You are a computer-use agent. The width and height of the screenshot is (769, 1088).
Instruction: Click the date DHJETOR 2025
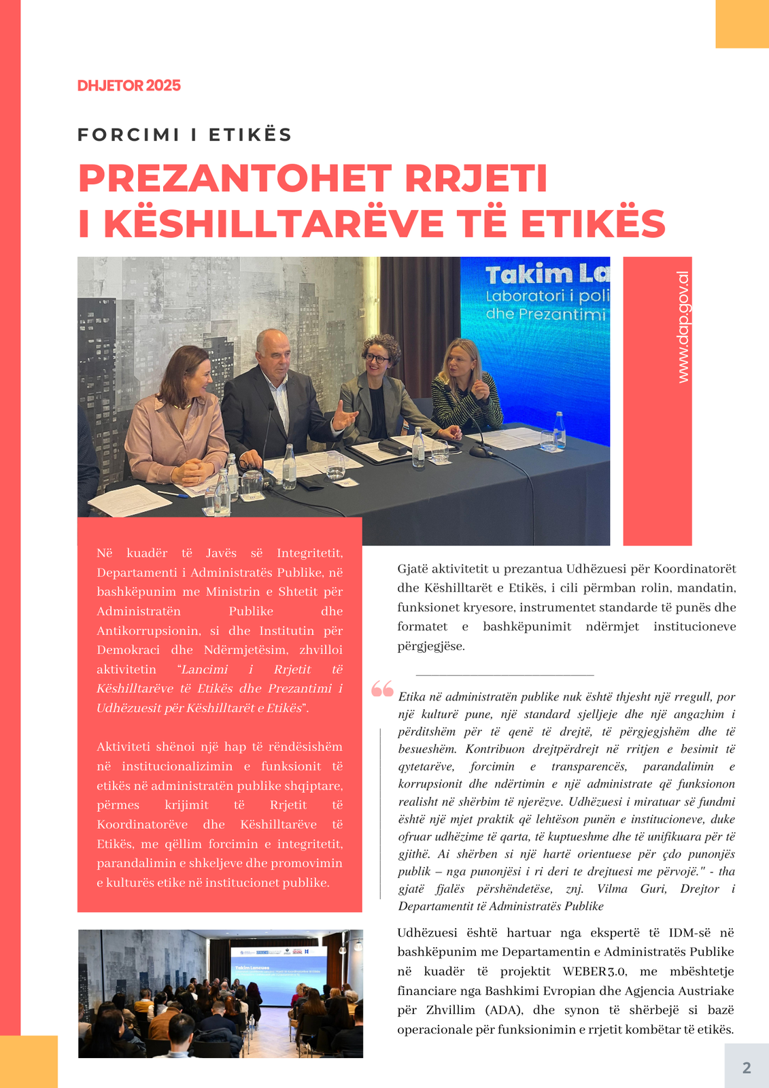coord(129,86)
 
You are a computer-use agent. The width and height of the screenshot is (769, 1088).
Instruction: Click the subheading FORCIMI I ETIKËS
coord(184,135)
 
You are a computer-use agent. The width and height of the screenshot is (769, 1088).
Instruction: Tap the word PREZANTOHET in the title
coord(235,179)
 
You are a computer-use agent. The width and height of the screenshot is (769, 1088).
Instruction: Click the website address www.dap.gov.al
coord(683,327)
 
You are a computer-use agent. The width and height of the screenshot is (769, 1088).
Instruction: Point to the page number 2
coord(747,1068)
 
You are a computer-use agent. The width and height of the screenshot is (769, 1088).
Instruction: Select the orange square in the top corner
coord(742,24)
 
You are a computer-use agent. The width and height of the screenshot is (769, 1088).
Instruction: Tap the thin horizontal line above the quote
coord(504,675)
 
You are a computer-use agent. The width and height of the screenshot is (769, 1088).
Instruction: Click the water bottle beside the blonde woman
coord(559,430)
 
